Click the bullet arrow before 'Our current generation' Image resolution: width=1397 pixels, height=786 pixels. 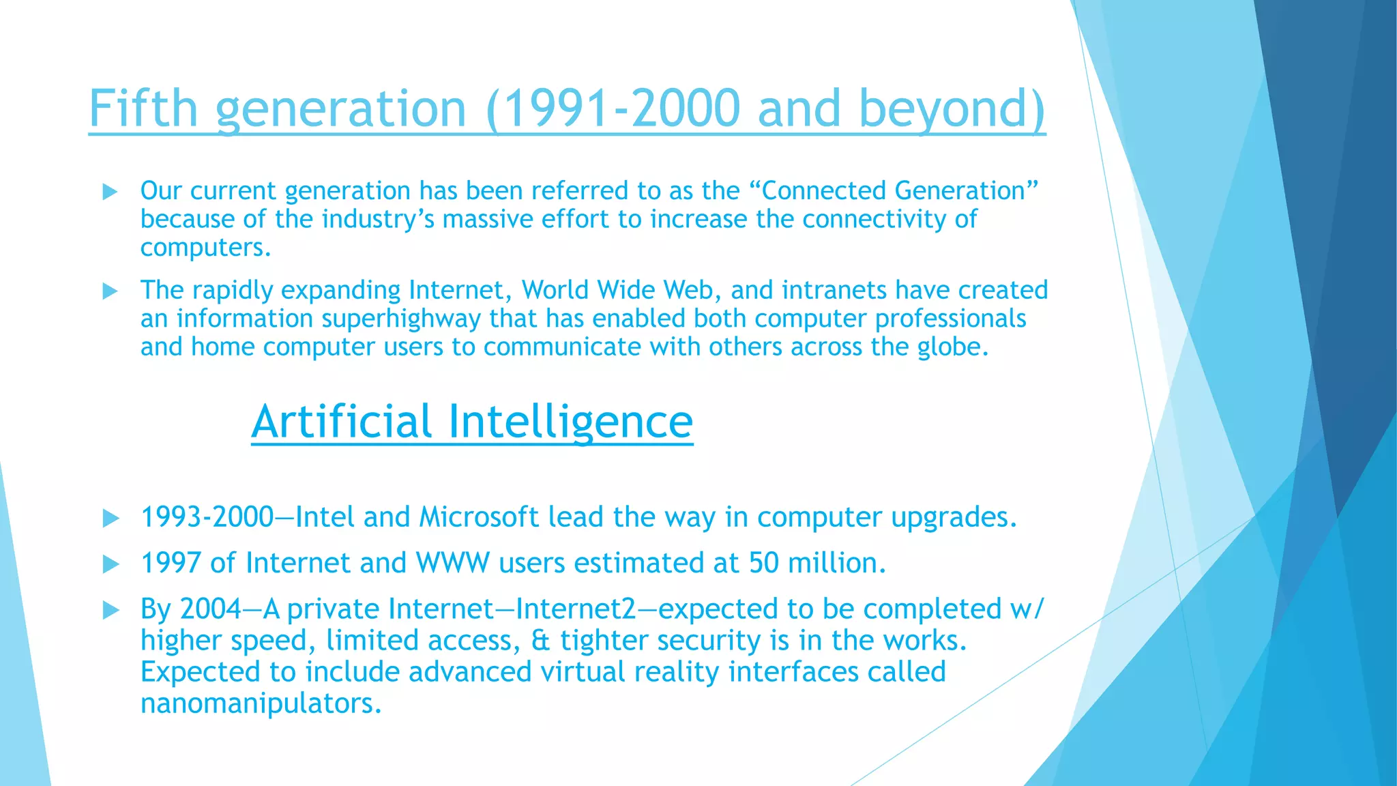pos(110,192)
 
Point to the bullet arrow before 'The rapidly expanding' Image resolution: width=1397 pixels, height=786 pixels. pos(110,291)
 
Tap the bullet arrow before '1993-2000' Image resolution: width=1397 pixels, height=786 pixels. pos(110,519)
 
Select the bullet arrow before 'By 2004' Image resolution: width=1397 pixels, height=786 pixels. pos(110,610)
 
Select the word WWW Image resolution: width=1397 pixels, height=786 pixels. pos(452,563)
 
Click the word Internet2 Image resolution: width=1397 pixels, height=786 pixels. pos(576,609)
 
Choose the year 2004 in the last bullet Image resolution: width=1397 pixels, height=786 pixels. pos(211,609)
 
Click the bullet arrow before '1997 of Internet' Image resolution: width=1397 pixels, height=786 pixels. pos(110,564)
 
